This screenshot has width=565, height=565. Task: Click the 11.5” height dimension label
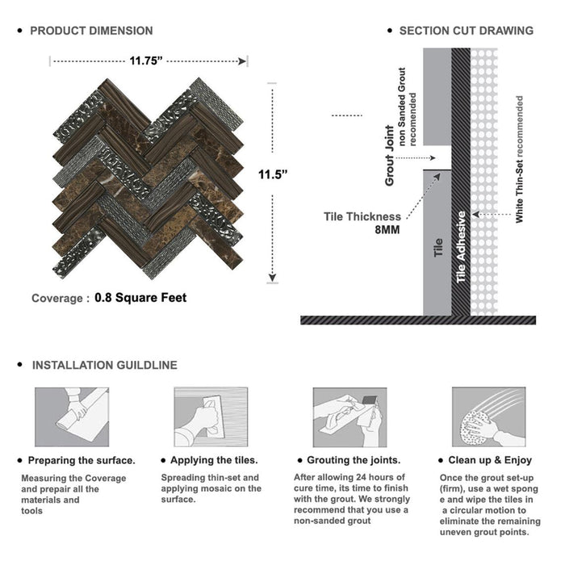pyautogui.click(x=273, y=173)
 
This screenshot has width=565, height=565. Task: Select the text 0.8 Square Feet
pyautogui.click(x=140, y=298)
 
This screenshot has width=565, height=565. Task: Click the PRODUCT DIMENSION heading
pyautogui.click(x=91, y=31)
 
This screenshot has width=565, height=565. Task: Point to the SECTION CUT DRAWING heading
pyautogui.click(x=466, y=31)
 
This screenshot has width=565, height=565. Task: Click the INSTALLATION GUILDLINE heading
pyautogui.click(x=104, y=365)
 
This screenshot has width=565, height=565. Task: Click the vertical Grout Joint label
pyautogui.click(x=390, y=156)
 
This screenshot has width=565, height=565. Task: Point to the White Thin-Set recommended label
pyautogui.click(x=519, y=160)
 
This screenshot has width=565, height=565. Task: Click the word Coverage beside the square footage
pyautogui.click(x=56, y=299)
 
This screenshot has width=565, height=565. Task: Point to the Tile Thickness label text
pyautogui.click(x=362, y=216)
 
